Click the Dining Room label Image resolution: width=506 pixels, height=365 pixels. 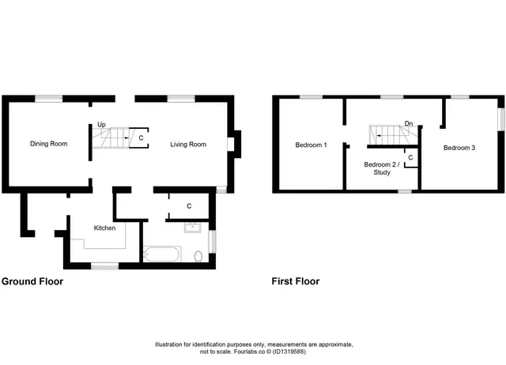click(x=49, y=144)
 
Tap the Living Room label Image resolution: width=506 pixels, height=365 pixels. click(x=188, y=145)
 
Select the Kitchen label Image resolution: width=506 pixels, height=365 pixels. click(x=104, y=228)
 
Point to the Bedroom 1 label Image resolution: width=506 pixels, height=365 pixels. click(x=311, y=145)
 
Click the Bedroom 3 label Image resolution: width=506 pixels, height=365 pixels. click(x=459, y=148)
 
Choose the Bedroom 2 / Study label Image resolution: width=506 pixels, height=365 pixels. click(x=382, y=168)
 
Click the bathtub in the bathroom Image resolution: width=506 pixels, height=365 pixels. click(x=161, y=254)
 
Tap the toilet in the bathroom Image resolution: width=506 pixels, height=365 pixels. click(x=198, y=256)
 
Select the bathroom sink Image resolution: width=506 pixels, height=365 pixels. click(x=193, y=228)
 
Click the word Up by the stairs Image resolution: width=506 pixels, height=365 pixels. click(x=101, y=125)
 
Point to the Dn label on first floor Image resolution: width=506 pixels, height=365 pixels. click(x=409, y=123)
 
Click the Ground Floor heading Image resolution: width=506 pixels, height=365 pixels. click(x=32, y=281)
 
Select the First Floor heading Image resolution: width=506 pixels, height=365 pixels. click(x=296, y=281)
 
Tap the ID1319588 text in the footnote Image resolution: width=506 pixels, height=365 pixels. click(x=289, y=352)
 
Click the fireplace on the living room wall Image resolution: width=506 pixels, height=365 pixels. click(x=234, y=144)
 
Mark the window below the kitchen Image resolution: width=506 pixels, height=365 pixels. click(x=104, y=266)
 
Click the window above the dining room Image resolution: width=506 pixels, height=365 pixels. click(x=49, y=99)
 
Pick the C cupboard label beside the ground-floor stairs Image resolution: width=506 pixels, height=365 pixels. click(x=141, y=138)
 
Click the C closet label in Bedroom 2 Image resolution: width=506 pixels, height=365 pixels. click(x=410, y=158)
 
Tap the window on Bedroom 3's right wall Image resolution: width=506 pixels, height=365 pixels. click(x=501, y=119)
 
